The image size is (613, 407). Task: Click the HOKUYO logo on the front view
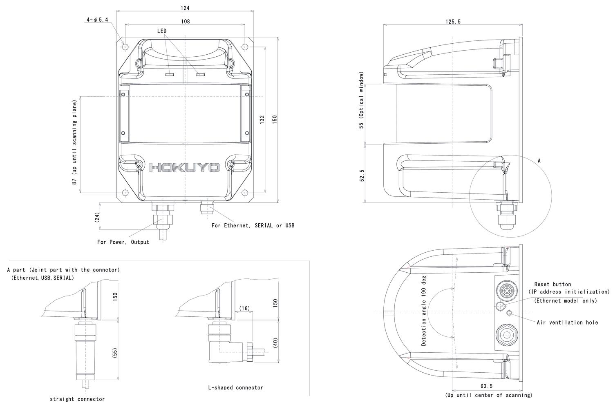[x=185, y=168]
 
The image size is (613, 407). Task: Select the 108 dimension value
[x=185, y=21]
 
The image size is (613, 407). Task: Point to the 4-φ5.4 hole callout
[x=97, y=20]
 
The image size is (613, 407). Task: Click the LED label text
[x=161, y=31]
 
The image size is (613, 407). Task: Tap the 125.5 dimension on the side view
[x=453, y=22]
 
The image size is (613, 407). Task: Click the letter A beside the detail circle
[x=539, y=160]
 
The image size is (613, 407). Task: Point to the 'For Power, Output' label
[x=123, y=242]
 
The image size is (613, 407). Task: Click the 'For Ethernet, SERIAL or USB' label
[x=253, y=225]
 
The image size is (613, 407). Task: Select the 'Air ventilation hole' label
[x=567, y=322]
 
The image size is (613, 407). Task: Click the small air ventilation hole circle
[x=509, y=313]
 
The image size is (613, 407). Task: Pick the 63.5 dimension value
[x=486, y=386]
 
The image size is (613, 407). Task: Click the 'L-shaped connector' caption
[x=235, y=387]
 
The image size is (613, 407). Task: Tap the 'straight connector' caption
[x=77, y=399]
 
